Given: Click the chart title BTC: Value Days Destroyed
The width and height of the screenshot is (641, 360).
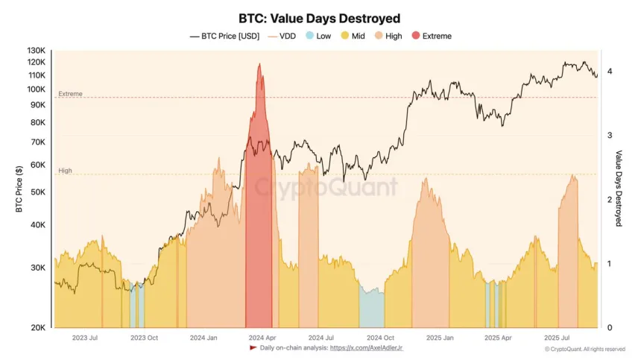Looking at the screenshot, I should [x=320, y=18].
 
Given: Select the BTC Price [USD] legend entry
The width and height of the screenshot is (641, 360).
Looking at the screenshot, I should [x=225, y=36].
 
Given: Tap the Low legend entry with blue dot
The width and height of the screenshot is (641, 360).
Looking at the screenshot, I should [x=318, y=36].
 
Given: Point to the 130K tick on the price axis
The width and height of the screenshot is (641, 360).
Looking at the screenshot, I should [x=36, y=51].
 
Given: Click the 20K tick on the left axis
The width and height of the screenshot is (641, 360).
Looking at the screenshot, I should [x=37, y=328].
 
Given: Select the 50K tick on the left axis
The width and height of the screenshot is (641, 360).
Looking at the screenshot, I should [x=37, y=192].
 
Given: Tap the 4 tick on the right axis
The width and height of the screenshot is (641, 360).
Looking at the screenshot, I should [x=610, y=72].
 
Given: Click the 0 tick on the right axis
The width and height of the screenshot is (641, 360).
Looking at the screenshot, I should [x=610, y=328].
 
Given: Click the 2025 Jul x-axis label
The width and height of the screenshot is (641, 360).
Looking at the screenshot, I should [x=559, y=338].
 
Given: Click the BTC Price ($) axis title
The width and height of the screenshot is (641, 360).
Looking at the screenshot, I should [x=19, y=189].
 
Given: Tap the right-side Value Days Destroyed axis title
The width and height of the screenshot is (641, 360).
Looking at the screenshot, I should [x=619, y=189].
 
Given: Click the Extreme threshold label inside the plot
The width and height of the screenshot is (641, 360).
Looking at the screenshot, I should [x=70, y=94].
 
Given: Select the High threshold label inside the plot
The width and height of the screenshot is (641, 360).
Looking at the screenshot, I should [x=66, y=171].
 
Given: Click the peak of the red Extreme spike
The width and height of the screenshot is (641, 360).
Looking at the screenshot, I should [x=259, y=65].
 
